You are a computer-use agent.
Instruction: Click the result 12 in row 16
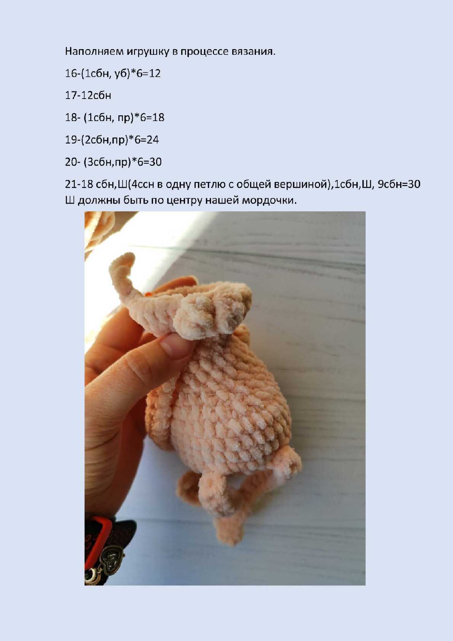tap(155, 73)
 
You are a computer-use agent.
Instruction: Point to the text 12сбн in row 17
tap(96, 95)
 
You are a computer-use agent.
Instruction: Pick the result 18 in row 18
tap(158, 118)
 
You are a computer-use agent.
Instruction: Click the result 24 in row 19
tap(153, 140)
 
